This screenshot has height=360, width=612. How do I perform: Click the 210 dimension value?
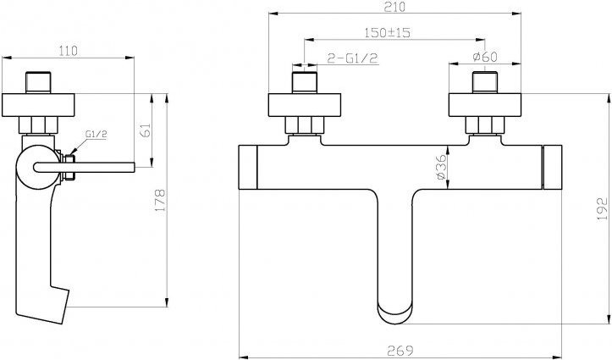(394, 7)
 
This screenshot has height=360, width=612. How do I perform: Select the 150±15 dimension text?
(388, 32)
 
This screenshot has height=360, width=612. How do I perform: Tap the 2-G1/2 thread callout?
(352, 58)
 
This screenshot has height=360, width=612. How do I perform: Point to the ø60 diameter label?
(485, 57)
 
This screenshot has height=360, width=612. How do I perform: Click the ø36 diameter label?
(441, 167)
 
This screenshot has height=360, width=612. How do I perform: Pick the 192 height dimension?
(603, 208)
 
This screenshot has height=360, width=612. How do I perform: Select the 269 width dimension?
(400, 350)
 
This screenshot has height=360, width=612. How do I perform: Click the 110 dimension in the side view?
(69, 51)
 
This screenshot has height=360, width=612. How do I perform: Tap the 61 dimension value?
(145, 130)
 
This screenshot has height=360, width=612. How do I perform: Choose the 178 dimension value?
(160, 200)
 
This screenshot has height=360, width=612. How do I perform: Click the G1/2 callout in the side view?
(96, 134)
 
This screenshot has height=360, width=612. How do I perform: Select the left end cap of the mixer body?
(248, 167)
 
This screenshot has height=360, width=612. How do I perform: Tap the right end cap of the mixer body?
(553, 167)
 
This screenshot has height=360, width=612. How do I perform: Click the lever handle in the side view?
(85, 167)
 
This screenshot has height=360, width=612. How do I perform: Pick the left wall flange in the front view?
(305, 105)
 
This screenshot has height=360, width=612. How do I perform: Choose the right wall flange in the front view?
(485, 105)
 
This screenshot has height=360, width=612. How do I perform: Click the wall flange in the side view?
(38, 105)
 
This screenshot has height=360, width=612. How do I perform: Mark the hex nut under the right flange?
(485, 125)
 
